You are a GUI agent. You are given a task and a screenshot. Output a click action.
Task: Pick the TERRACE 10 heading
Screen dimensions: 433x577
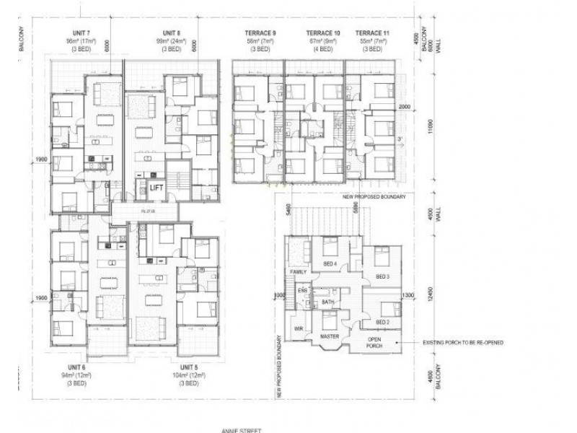322,33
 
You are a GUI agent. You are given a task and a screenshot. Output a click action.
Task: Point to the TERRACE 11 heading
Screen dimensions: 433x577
372,33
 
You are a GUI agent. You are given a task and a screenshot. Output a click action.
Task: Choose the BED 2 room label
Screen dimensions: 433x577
382,322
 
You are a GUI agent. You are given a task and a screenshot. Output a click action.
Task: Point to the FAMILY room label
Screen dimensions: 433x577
299,272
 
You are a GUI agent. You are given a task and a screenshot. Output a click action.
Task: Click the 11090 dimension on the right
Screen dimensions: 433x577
430,128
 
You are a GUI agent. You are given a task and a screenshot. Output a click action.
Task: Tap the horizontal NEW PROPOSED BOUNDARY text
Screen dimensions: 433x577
374,196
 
